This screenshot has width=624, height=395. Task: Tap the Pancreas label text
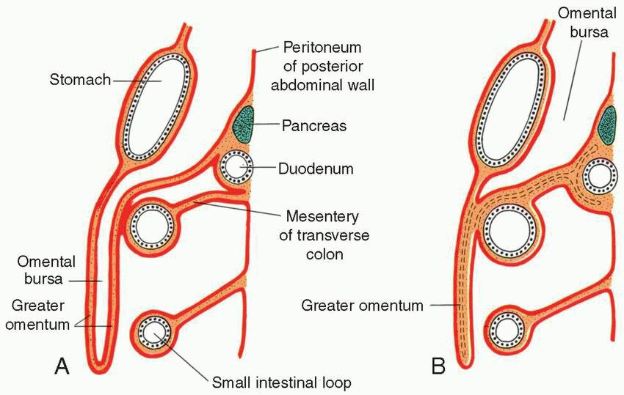point(313,125)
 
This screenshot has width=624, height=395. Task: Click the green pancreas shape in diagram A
point(243,125)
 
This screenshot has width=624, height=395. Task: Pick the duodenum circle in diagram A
point(237,169)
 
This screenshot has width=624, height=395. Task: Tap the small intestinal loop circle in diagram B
point(507,330)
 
